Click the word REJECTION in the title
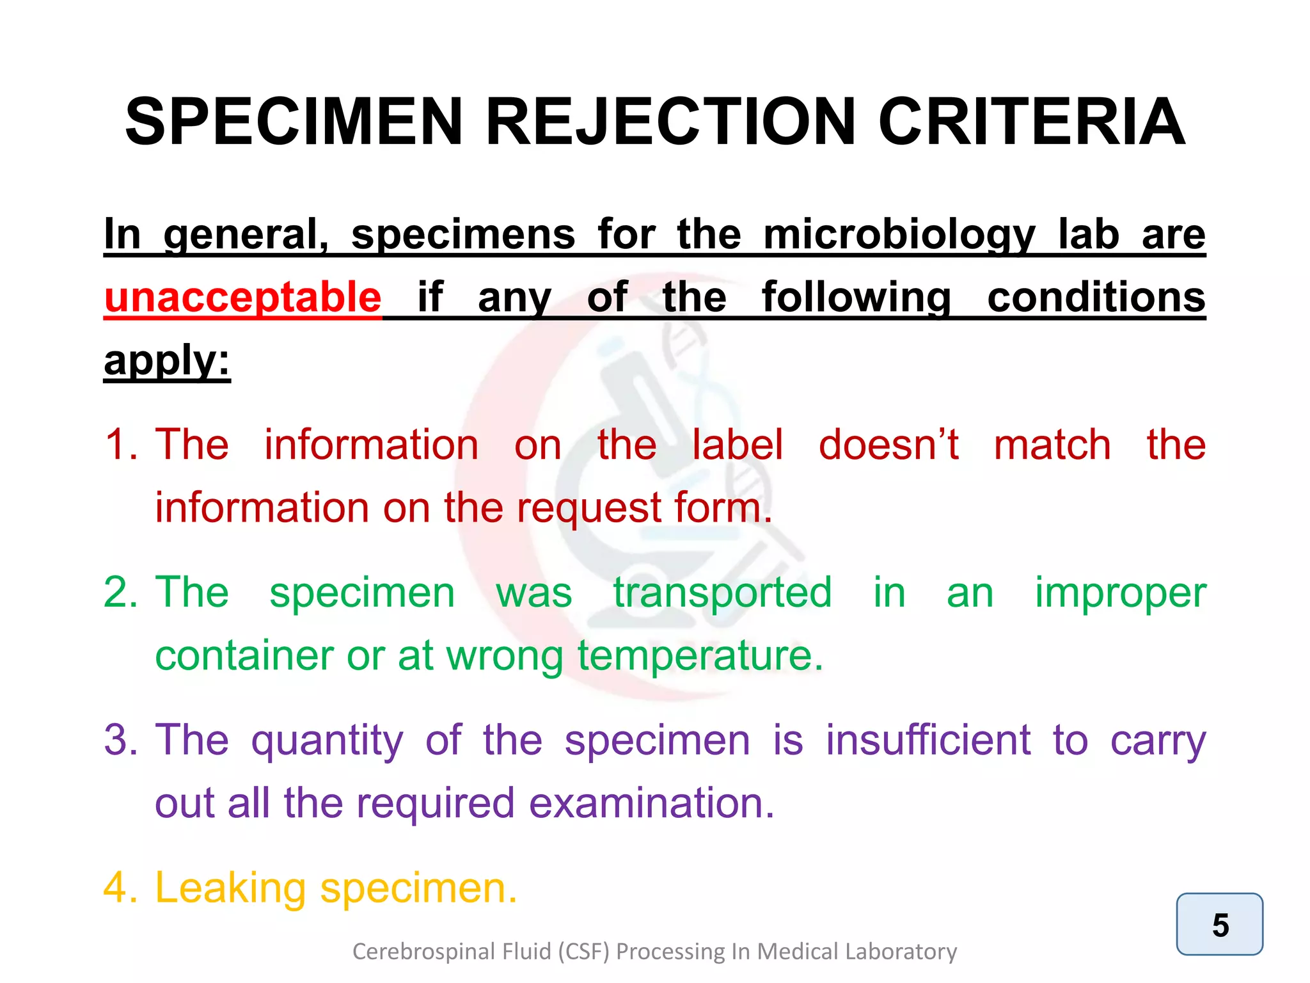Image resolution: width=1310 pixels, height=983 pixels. coord(670,122)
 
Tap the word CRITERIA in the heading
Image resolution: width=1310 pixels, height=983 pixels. coord(1031,122)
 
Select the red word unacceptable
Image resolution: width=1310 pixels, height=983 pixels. coord(243,297)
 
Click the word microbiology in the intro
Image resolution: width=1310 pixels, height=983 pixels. coord(899,234)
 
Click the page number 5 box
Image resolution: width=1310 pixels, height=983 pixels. coord(1219,924)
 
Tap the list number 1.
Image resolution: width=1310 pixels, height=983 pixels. coord(120,444)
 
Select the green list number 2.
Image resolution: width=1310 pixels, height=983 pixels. coord(120,592)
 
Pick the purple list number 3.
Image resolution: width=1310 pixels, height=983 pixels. coord(120,740)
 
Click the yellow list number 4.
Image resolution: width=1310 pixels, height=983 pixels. coord(120,888)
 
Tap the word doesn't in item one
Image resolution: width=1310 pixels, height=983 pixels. coord(888,444)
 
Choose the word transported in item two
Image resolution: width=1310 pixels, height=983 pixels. coord(723,592)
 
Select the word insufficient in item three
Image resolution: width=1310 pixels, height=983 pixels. coord(928,740)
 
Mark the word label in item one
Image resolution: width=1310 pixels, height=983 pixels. coord(738,444)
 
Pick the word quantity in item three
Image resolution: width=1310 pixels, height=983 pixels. coord(327,740)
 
